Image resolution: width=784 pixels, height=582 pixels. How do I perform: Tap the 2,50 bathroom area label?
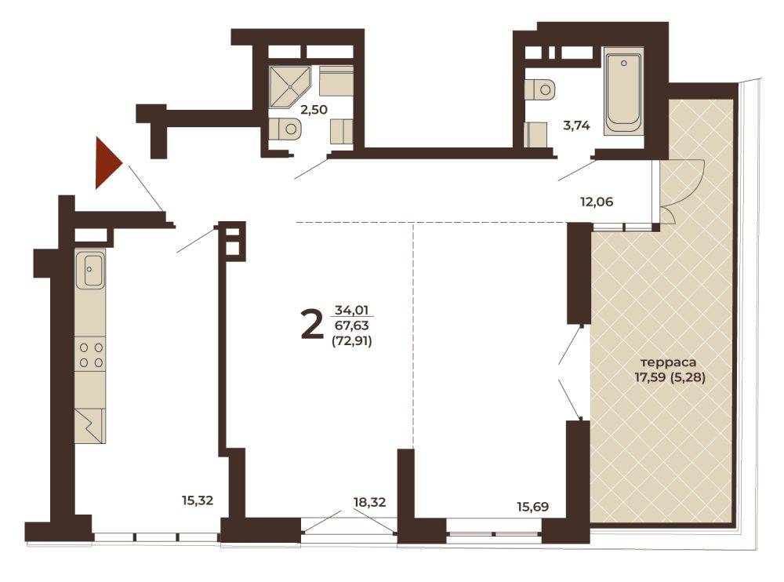314,109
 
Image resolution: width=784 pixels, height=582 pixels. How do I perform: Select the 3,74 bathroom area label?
576,125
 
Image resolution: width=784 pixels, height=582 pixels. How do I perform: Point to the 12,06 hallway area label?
597,202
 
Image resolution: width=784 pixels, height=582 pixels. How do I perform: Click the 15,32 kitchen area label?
198,500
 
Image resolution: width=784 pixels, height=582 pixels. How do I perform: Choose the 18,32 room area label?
369,502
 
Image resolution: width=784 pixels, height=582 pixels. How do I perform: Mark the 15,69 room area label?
532,507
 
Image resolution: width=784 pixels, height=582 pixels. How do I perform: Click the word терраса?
669,362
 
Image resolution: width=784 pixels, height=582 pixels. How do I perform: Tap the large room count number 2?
311,324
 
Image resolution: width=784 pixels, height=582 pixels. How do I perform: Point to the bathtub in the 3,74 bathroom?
622,92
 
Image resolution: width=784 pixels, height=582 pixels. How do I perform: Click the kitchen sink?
90,270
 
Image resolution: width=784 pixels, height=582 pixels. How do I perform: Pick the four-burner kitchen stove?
91,354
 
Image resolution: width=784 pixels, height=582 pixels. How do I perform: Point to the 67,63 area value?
351,326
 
